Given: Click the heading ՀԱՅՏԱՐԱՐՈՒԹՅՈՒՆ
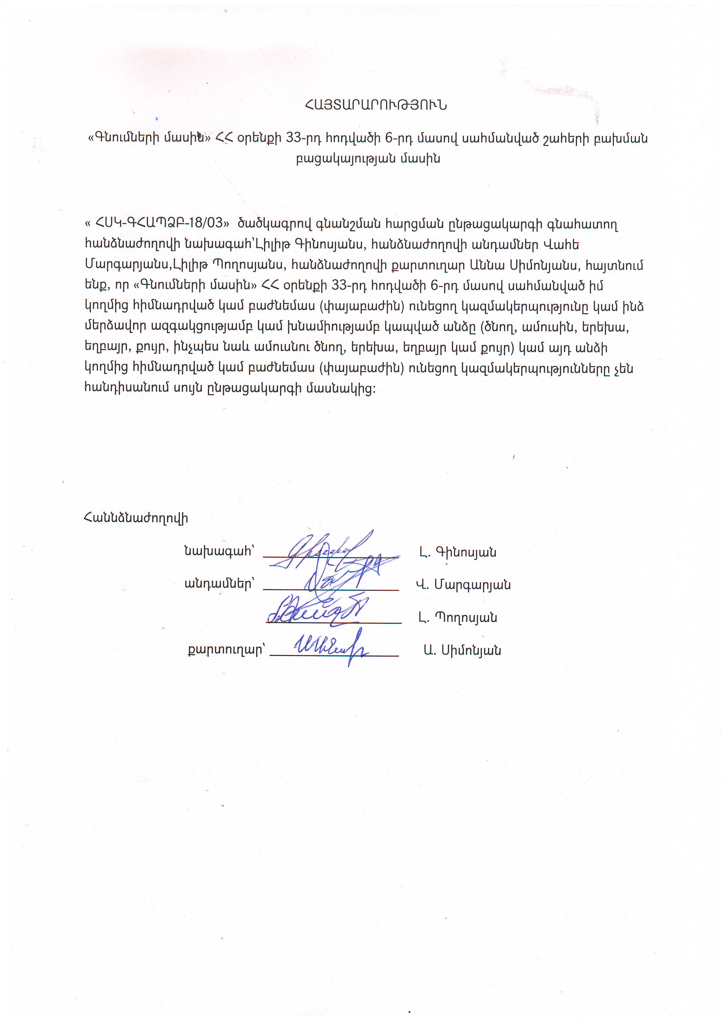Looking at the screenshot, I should (376, 105).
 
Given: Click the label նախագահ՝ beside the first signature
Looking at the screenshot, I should (219, 551).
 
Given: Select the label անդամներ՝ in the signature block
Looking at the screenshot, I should (219, 584).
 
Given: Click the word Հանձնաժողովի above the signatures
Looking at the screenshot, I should (136, 518).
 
